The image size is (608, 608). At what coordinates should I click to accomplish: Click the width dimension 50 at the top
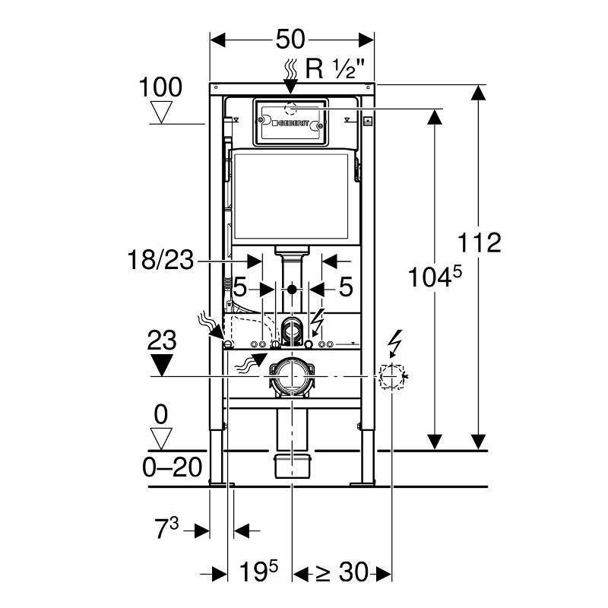click(290, 40)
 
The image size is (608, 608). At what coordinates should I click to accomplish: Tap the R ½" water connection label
click(335, 68)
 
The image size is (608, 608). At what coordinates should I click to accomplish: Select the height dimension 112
click(480, 242)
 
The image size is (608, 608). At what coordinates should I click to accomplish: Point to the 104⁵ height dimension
click(435, 277)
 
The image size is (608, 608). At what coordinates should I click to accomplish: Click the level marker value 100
click(160, 87)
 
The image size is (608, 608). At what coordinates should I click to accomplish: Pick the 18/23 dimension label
click(160, 260)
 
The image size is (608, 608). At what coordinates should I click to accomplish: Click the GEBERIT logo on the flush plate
click(291, 123)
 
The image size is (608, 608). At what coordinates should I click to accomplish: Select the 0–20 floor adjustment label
click(173, 467)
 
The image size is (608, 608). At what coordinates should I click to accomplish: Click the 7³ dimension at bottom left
click(166, 528)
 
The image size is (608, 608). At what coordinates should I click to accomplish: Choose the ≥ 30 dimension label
click(341, 572)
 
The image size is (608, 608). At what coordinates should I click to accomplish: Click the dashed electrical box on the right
click(391, 376)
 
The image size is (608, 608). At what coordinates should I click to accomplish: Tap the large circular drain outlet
click(292, 376)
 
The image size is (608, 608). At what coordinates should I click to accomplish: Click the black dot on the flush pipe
click(292, 290)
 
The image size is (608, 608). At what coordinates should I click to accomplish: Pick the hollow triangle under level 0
click(161, 439)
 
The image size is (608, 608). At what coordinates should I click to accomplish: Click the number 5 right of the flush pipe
click(346, 287)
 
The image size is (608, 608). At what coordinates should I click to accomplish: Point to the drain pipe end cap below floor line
click(293, 467)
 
